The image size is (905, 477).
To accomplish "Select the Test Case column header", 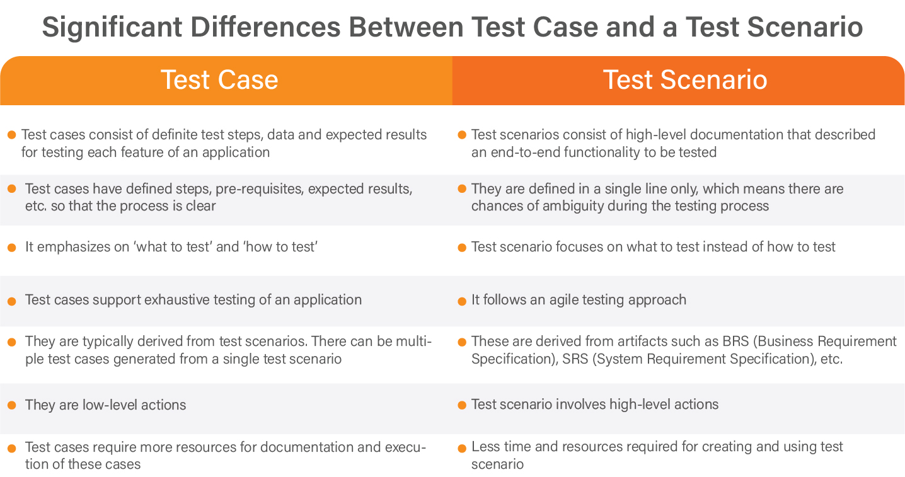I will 219,80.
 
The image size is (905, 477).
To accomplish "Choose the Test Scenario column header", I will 685,80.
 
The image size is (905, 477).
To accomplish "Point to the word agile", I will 553,299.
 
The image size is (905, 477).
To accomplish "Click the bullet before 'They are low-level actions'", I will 11,405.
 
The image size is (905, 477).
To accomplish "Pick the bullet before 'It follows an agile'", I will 462,301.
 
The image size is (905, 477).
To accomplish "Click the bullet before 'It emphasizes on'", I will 11,247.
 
